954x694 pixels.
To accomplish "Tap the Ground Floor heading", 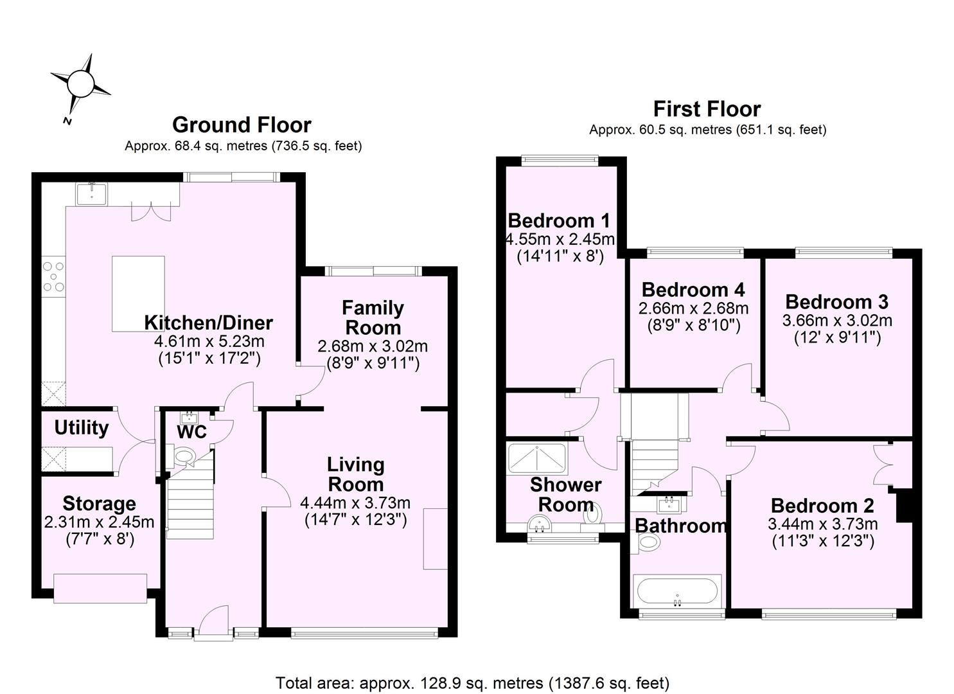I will [x=242, y=125].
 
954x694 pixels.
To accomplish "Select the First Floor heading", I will [x=707, y=109].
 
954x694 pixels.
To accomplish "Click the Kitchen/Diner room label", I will [x=208, y=323].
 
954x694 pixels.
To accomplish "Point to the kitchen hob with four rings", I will [x=53, y=277].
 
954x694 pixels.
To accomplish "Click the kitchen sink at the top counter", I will [x=91, y=193].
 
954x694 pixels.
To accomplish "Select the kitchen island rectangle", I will [x=138, y=293].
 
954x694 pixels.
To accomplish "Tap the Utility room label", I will [x=81, y=428].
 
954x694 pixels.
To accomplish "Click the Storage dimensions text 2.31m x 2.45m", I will [x=100, y=522].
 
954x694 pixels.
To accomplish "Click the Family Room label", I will [x=373, y=317].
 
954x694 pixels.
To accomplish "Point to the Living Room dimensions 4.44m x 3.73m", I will [x=355, y=503].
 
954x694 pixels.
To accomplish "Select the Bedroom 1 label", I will [x=559, y=221].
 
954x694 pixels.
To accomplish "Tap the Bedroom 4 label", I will [x=693, y=289].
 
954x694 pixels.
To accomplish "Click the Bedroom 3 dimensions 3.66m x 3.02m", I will [x=837, y=320].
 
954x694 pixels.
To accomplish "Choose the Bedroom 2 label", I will [x=822, y=506].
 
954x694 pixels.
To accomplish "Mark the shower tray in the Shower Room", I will [x=536, y=457].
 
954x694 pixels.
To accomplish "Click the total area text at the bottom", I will [x=472, y=682].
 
